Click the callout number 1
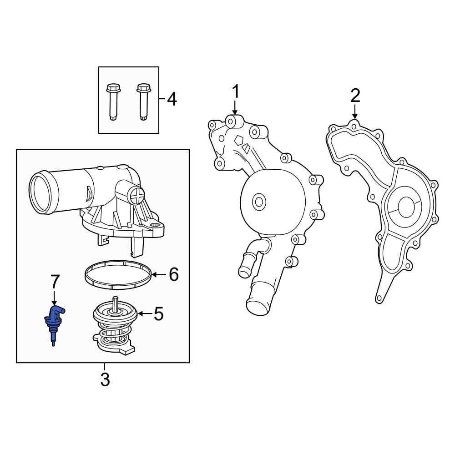[235, 92]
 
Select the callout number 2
[355, 95]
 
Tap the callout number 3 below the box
[105, 379]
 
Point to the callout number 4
[172, 99]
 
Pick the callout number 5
[158, 313]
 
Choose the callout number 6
[173, 274]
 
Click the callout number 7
[55, 282]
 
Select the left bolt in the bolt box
[112, 101]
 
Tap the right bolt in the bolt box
[143, 101]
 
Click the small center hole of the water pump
[259, 201]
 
